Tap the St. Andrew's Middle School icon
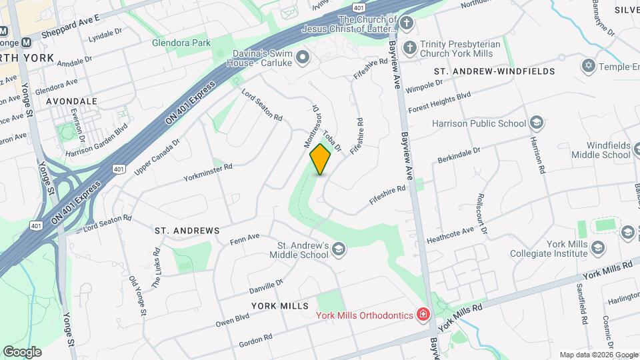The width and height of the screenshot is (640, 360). pyautogui.click(x=339, y=249)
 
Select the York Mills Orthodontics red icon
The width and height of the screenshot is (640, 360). pyautogui.click(x=423, y=314)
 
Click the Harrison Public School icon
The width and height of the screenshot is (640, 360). pyautogui.click(x=536, y=123)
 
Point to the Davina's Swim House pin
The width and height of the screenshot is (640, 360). pyautogui.click(x=303, y=58)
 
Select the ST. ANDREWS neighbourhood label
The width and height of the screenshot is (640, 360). pyautogui.click(x=187, y=231)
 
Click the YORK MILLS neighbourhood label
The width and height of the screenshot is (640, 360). pyautogui.click(x=280, y=306)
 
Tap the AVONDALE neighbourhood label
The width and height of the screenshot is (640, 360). pyautogui.click(x=72, y=101)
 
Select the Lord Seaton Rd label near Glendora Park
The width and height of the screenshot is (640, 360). pyautogui.click(x=261, y=105)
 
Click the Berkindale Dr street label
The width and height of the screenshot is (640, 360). pyautogui.click(x=459, y=155)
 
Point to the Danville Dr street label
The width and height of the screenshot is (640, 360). pyautogui.click(x=266, y=287)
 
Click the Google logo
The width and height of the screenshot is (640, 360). pyautogui.click(x=22, y=352)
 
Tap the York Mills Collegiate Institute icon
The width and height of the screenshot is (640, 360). pyautogui.click(x=597, y=248)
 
